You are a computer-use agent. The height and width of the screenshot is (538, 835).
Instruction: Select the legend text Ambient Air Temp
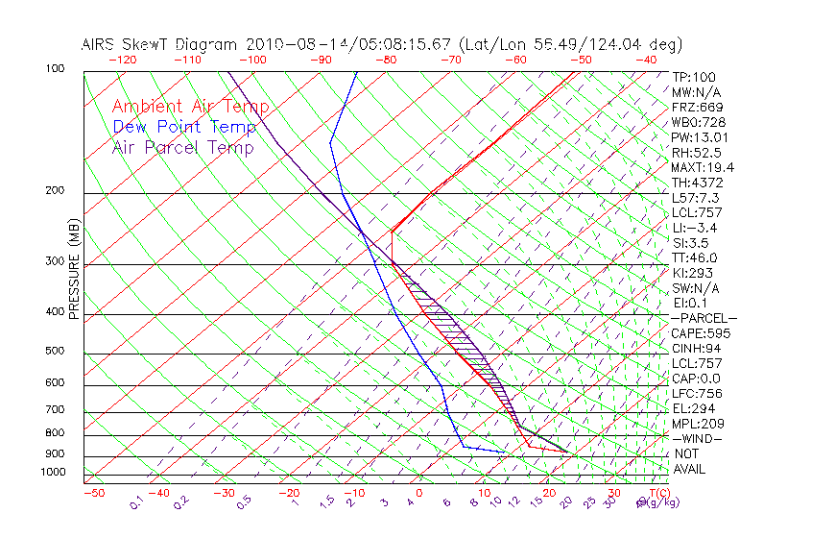point(190,107)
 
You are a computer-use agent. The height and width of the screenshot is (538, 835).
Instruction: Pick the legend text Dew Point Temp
point(184,127)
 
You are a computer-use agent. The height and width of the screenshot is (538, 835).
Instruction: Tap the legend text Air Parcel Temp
point(182,147)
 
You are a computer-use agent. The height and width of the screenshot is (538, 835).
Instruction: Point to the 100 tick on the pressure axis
point(55,69)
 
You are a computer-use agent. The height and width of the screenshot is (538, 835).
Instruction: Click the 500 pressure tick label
point(55,352)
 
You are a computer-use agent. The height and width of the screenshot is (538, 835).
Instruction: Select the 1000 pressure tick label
point(52,473)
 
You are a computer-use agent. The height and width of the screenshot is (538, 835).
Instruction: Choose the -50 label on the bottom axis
point(93,493)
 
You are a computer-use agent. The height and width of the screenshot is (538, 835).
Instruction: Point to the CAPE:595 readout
point(701,333)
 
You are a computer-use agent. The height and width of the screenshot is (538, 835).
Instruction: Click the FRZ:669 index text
point(698,107)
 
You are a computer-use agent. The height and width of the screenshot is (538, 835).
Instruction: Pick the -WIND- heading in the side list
point(698,438)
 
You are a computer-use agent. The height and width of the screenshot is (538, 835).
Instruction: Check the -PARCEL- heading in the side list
point(704,318)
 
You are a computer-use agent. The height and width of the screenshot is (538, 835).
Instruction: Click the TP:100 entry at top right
point(694,77)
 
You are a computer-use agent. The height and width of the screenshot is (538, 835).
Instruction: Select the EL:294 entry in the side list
point(694,408)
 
